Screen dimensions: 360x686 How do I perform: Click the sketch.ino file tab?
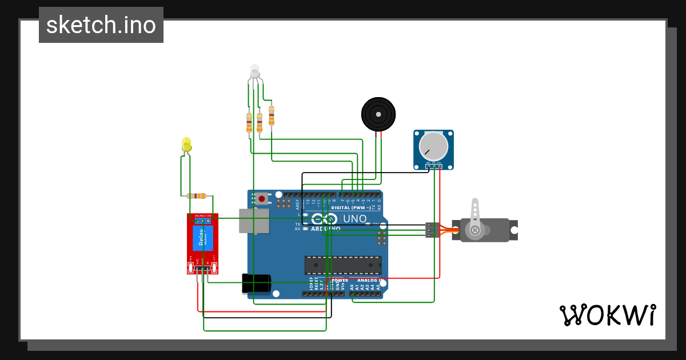(x=101, y=25)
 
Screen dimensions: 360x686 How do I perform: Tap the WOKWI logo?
(x=607, y=315)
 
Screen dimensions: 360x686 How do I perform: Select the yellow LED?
(x=186, y=145)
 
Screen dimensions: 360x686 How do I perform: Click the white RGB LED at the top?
(x=255, y=72)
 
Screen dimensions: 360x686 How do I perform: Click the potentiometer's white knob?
(x=433, y=146)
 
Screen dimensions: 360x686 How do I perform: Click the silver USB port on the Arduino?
(x=253, y=221)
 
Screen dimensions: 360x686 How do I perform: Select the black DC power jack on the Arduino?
(x=256, y=283)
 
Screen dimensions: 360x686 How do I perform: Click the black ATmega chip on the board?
(x=343, y=265)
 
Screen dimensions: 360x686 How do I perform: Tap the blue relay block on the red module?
(x=202, y=238)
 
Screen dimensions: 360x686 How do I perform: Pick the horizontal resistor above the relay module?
(x=196, y=196)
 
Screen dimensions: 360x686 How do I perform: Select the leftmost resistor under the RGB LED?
(x=249, y=123)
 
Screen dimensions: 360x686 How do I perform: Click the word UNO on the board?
(x=354, y=219)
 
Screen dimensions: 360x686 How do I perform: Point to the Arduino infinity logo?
(x=324, y=219)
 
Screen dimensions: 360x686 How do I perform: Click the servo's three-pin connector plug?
(x=432, y=230)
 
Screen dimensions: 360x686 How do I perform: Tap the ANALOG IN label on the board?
(x=371, y=281)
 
